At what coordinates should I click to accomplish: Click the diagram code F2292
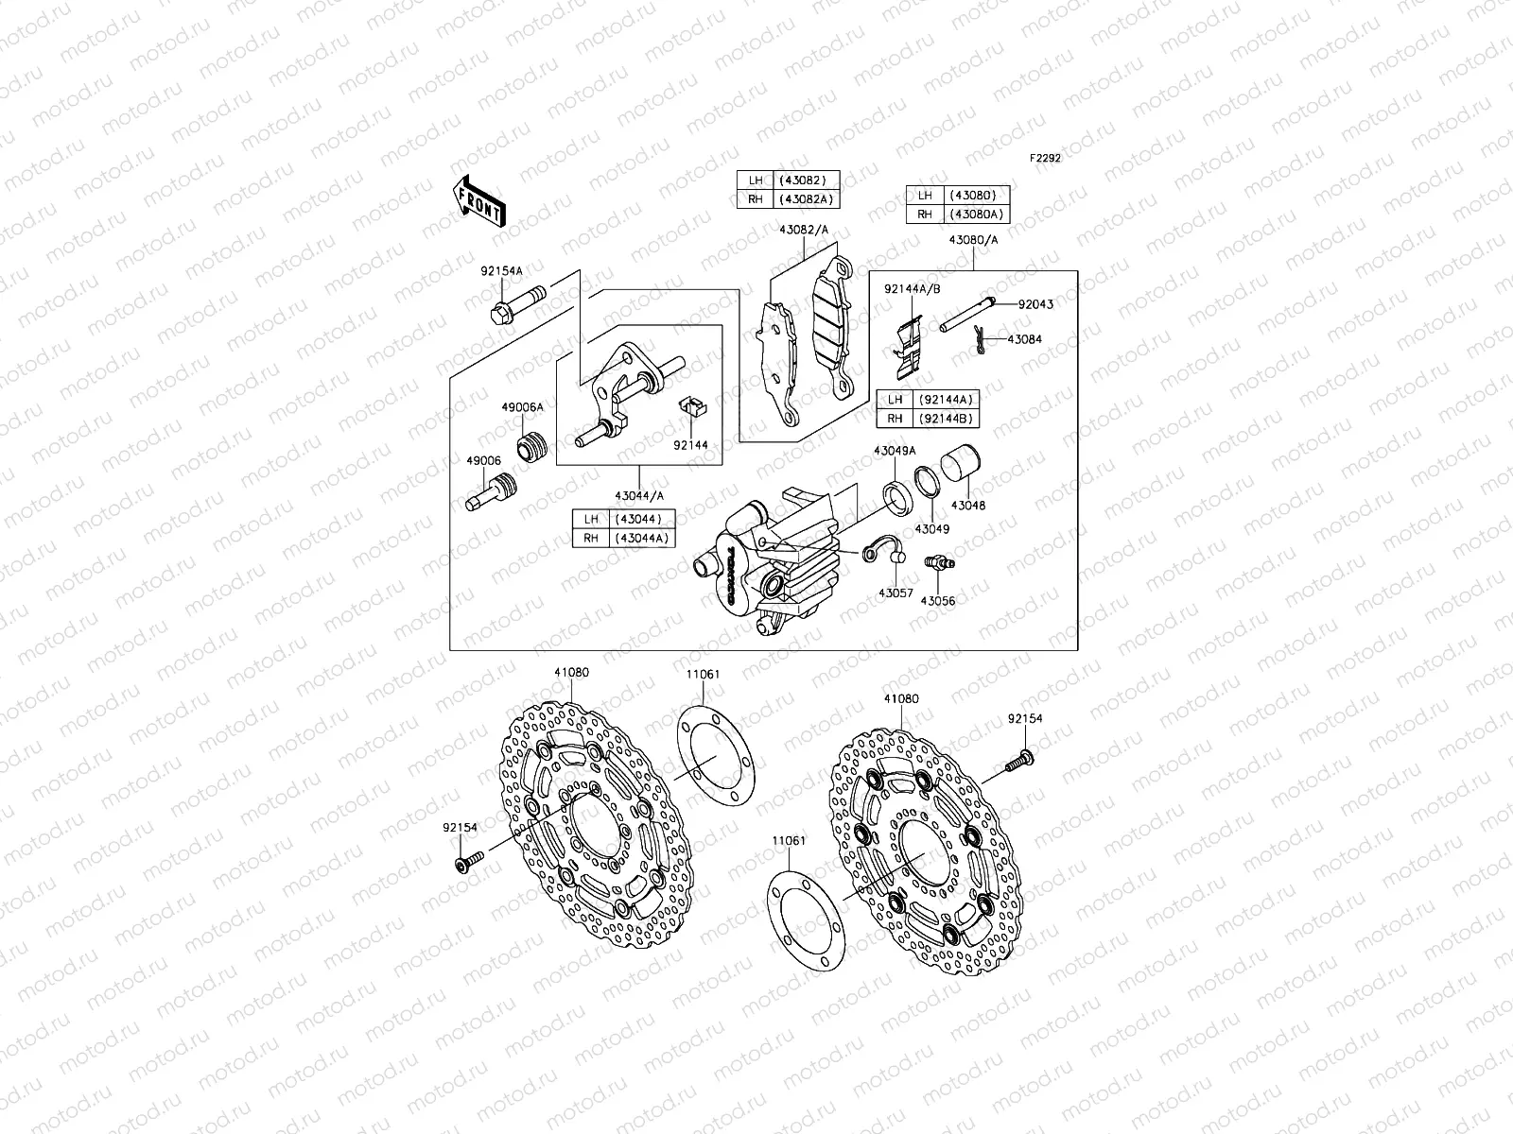(1045, 159)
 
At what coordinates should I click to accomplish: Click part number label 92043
(1035, 304)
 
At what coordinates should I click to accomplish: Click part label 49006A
(522, 407)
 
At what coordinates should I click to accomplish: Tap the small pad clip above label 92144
(693, 408)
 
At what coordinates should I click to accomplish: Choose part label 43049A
(894, 451)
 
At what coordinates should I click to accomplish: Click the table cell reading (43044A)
(643, 538)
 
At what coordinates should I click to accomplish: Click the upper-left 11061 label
(703, 675)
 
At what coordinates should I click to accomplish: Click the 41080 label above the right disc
(901, 699)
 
